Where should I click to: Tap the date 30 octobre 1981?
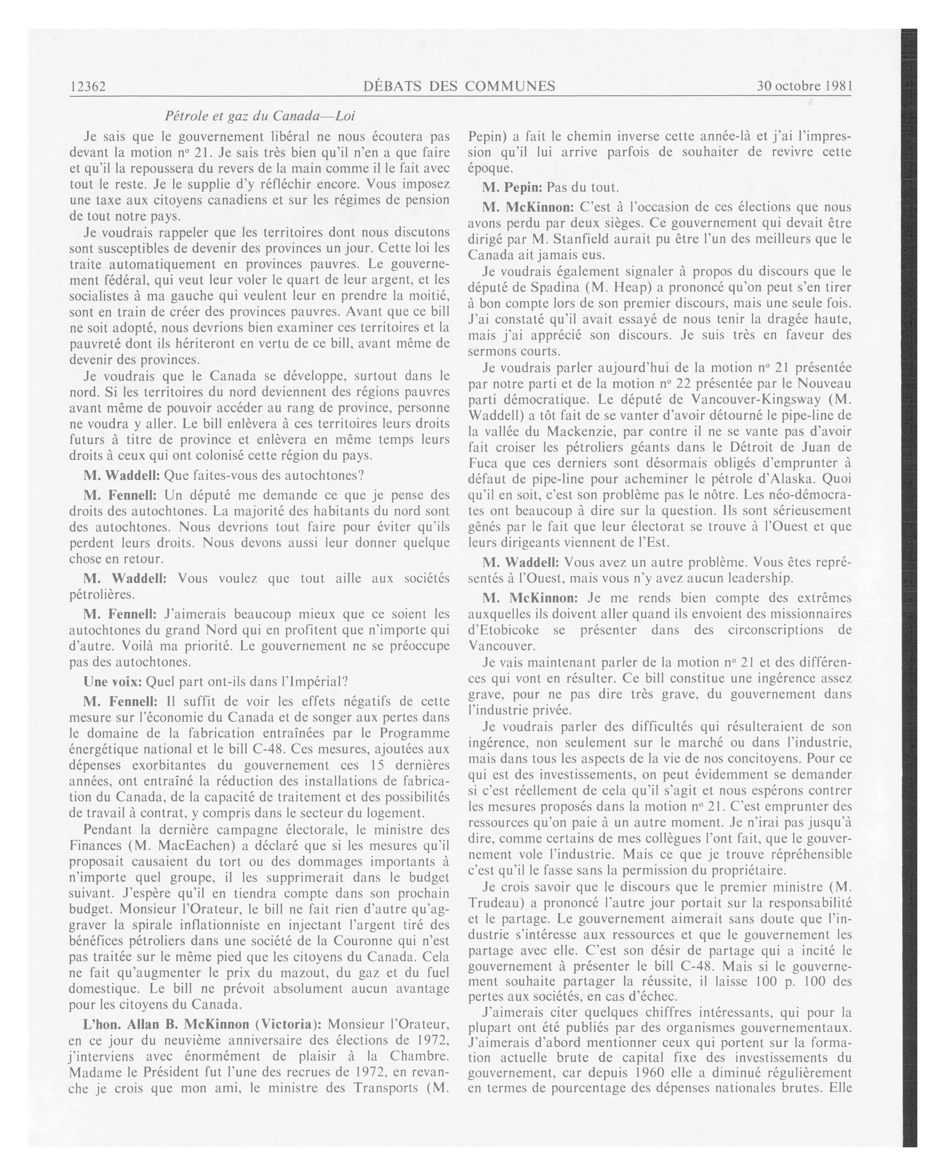pyautogui.click(x=804, y=86)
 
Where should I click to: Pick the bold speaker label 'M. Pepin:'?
pyautogui.click(x=511, y=188)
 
